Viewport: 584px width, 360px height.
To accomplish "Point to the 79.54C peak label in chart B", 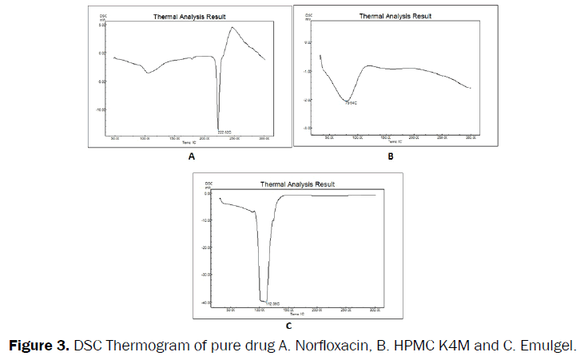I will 350,104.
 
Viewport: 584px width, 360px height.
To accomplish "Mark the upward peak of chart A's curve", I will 232,28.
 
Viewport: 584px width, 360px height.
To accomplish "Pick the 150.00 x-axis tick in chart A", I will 173,138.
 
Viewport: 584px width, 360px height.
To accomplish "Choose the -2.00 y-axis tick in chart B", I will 307,100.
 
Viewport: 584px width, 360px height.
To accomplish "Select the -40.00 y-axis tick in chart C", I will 206,302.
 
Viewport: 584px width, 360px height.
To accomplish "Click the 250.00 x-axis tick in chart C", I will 345,308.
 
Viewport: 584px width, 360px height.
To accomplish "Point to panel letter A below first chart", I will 191,157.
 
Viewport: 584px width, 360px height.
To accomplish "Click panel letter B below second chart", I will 391,157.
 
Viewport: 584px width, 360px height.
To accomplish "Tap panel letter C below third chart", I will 288,325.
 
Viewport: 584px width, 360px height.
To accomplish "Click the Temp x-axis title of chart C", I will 290,314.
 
